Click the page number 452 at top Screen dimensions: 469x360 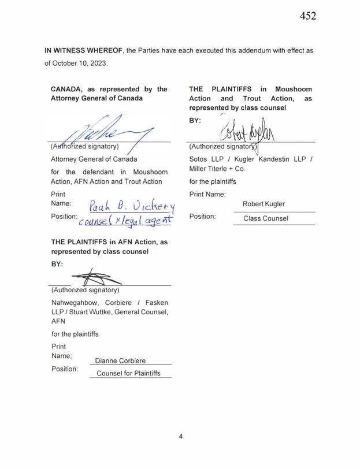tap(307, 16)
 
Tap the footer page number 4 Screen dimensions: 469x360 tap(180, 436)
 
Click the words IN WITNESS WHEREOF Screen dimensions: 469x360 tap(83, 50)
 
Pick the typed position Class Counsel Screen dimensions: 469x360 tap(265, 219)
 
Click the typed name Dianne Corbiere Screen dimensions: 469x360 tap(120, 360)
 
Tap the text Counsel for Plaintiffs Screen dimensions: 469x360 tap(128, 374)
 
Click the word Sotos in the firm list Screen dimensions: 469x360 tap(199, 158)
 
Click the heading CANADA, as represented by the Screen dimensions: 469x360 tap(109, 89)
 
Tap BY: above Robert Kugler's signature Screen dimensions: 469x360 tap(196, 121)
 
